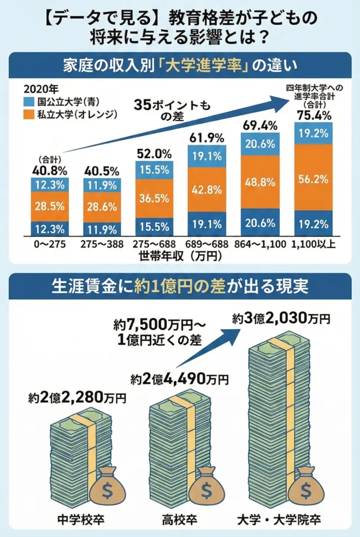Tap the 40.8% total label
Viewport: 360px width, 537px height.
click(49, 170)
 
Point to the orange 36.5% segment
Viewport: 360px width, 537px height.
click(153, 198)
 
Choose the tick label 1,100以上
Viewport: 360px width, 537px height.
click(313, 243)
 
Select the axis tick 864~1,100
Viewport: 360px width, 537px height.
click(260, 243)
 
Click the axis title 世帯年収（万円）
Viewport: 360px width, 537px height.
click(181, 255)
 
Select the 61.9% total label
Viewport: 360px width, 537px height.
click(206, 137)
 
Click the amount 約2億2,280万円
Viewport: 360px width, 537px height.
click(78, 398)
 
